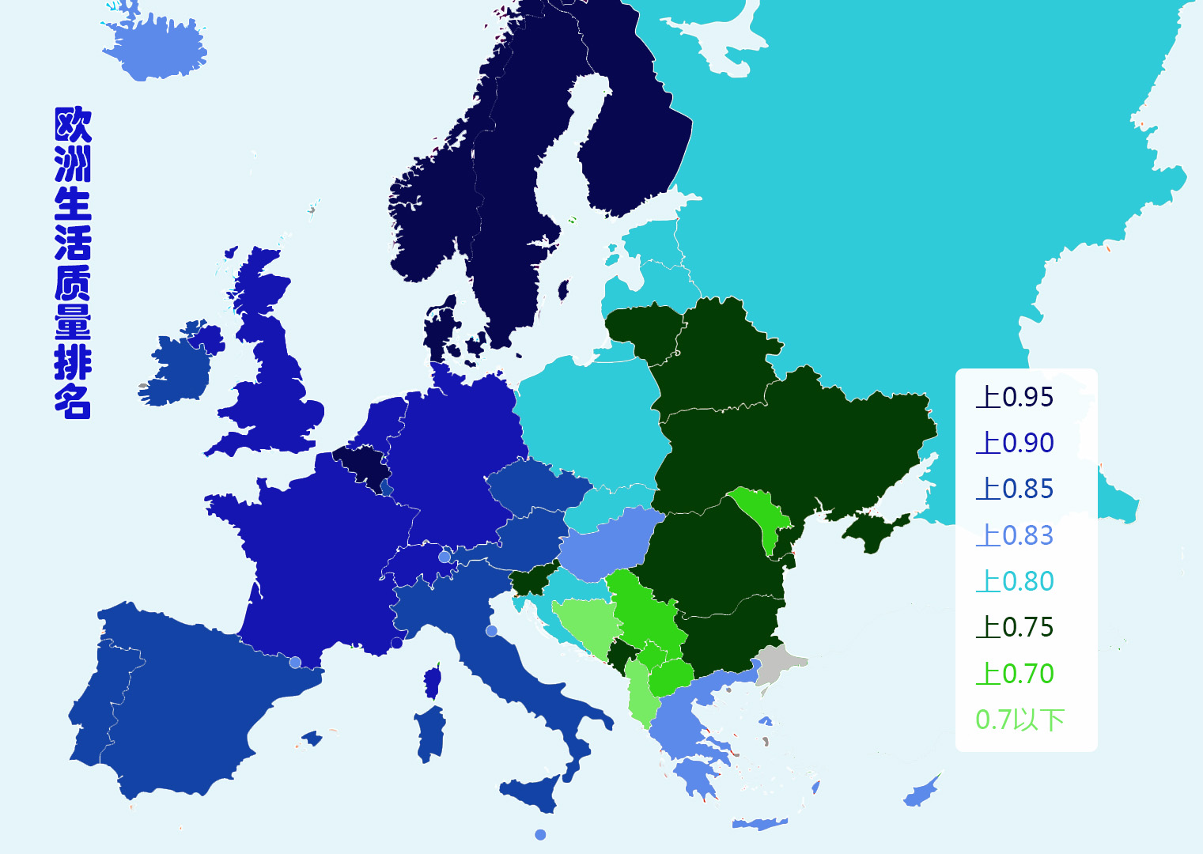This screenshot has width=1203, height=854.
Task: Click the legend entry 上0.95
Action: (x=1015, y=397)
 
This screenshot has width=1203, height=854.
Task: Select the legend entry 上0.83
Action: (x=1015, y=535)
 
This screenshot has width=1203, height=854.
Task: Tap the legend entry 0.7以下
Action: (x=1020, y=720)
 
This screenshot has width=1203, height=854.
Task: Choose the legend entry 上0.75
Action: (x=1015, y=627)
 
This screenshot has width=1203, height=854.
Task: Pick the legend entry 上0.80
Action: (x=1015, y=581)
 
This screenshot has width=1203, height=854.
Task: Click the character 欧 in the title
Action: (x=73, y=125)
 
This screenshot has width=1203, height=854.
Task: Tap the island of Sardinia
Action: (x=429, y=733)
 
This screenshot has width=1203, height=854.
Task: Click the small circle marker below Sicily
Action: (x=540, y=835)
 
